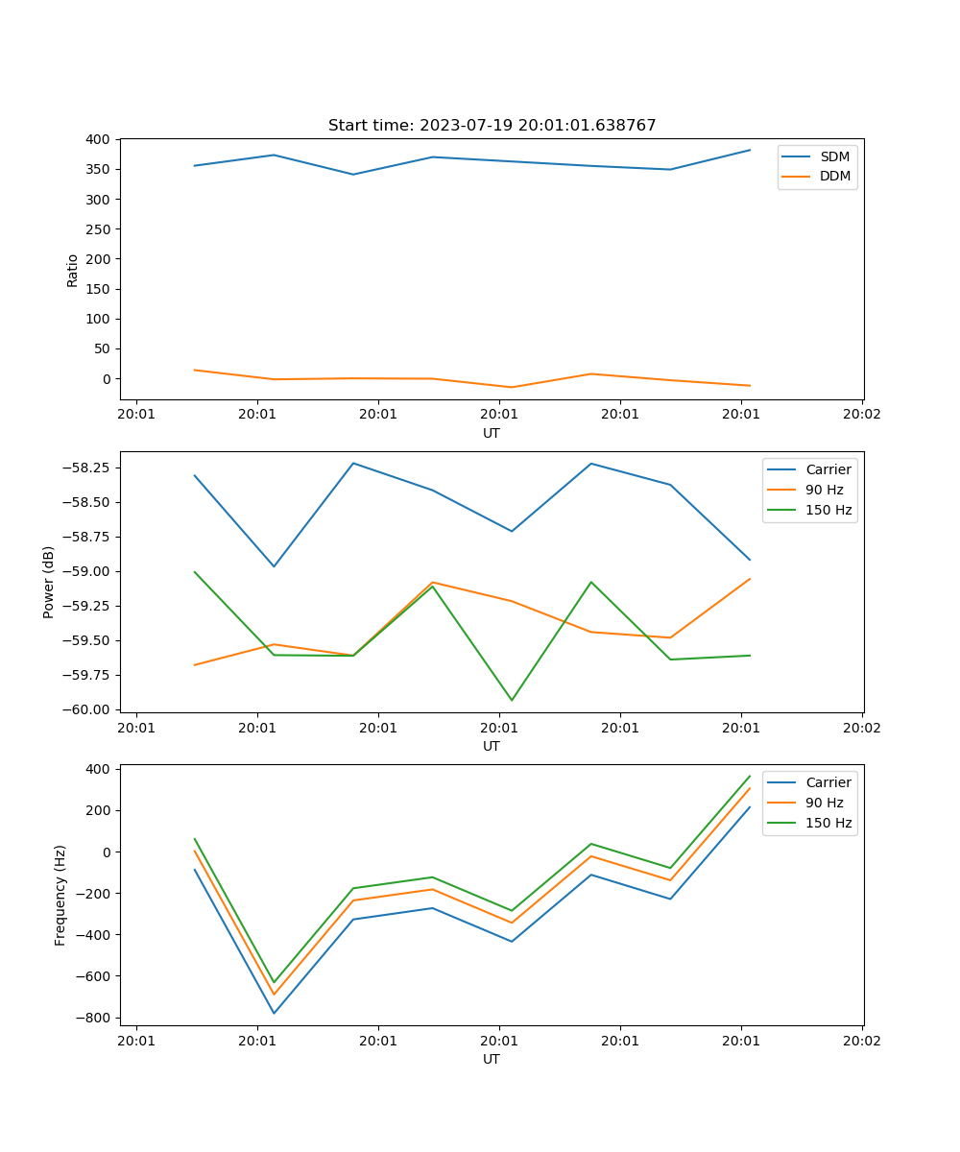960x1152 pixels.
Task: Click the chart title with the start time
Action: tap(492, 126)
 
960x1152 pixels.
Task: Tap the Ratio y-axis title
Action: tap(73, 270)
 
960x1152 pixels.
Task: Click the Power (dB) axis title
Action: tap(49, 582)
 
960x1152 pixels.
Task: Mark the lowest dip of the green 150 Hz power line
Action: tap(512, 700)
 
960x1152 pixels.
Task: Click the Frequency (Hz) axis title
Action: tap(60, 895)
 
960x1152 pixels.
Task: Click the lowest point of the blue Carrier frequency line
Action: tap(274, 1013)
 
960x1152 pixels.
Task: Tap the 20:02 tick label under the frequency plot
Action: tap(861, 1040)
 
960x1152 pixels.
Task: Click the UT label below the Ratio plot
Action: tap(492, 433)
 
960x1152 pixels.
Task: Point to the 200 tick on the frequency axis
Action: tap(100, 810)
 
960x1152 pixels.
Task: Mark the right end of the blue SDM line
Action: tap(750, 150)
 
